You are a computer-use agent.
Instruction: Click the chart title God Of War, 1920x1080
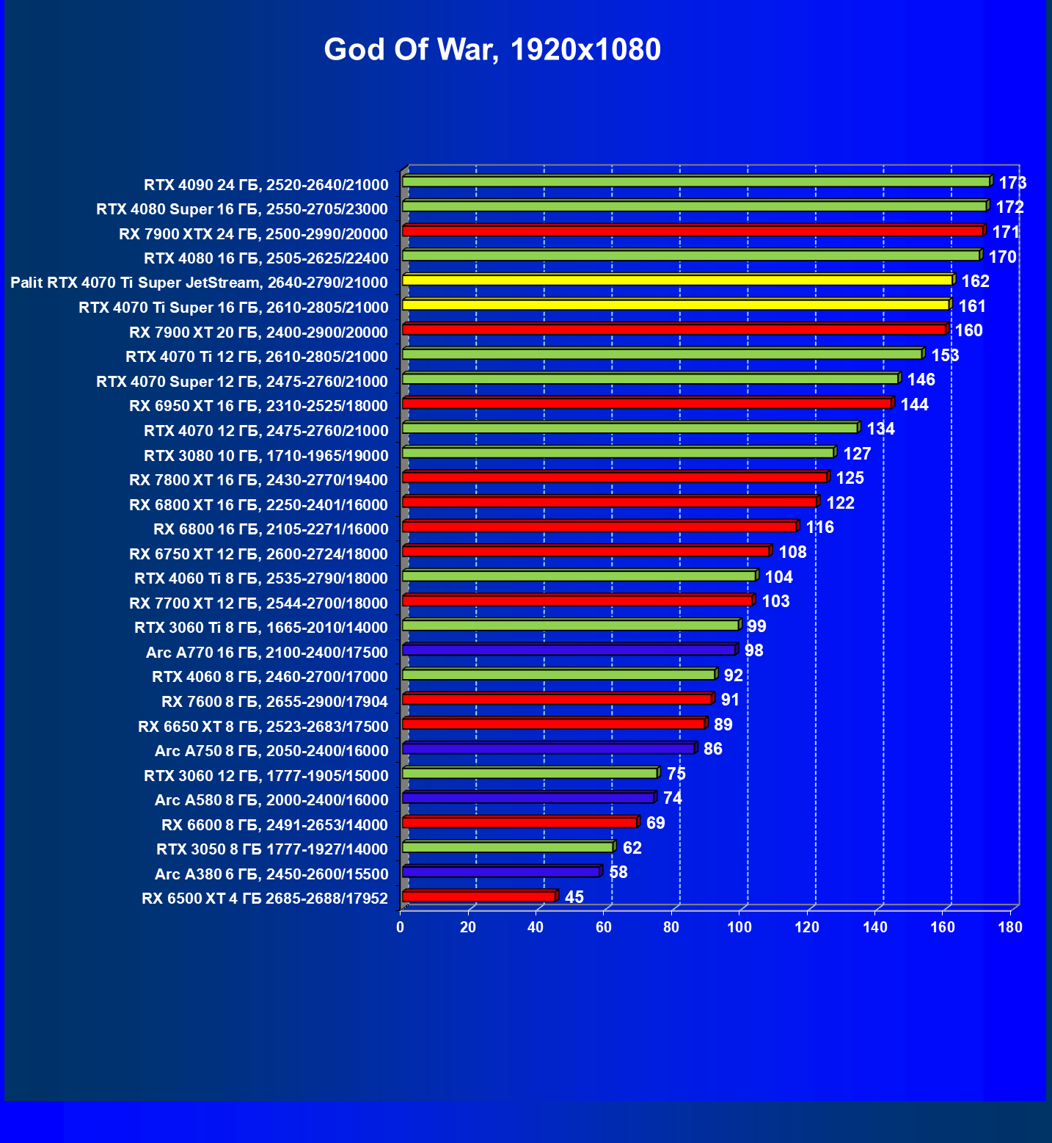point(492,50)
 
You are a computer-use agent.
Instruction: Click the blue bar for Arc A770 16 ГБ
point(569,650)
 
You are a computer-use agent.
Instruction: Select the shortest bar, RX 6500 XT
point(478,896)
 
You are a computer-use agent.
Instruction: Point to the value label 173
point(1012,183)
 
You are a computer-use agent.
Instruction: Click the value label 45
point(574,897)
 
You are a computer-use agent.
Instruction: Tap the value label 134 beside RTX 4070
point(880,429)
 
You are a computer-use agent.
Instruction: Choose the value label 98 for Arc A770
point(753,650)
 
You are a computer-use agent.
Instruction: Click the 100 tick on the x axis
point(739,927)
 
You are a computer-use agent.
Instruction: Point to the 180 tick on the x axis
point(1010,927)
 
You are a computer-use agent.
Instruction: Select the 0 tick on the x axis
point(400,927)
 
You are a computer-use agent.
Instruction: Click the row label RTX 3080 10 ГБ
point(266,456)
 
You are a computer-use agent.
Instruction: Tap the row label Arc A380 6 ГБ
point(271,874)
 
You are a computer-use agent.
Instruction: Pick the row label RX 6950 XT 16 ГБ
point(258,406)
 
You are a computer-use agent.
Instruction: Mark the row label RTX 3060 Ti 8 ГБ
point(260,628)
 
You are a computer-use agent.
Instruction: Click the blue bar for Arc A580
point(528,797)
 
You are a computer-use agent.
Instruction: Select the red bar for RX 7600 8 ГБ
point(557,699)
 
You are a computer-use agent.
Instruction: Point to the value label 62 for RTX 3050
point(632,848)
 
